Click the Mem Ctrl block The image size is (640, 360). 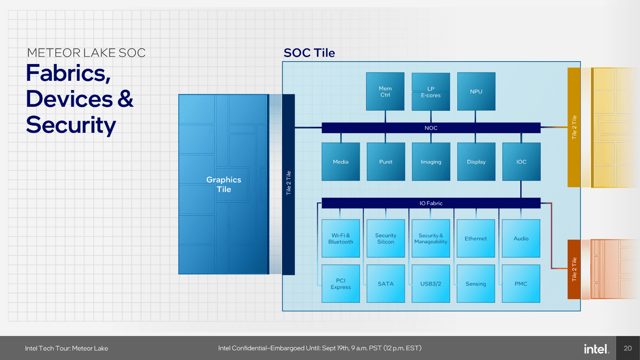(x=385, y=92)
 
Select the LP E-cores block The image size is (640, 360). (x=431, y=92)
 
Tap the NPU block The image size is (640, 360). (x=476, y=92)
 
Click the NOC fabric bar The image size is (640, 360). (x=431, y=128)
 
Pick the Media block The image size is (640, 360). (x=340, y=162)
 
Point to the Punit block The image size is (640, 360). (x=385, y=162)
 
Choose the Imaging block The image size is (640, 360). (x=431, y=162)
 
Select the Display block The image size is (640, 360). (x=476, y=162)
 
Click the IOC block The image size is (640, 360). (x=521, y=162)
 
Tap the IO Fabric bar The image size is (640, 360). (x=431, y=203)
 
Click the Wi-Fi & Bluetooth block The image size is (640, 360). (x=340, y=238)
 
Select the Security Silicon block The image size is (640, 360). (x=385, y=238)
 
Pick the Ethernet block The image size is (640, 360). (x=476, y=238)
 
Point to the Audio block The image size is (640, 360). (x=521, y=238)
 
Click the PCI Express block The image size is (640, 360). (x=340, y=284)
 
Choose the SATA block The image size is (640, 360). (x=385, y=284)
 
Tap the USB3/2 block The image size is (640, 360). (x=431, y=284)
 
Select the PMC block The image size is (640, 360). (x=521, y=284)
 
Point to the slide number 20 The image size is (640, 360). (x=627, y=349)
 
